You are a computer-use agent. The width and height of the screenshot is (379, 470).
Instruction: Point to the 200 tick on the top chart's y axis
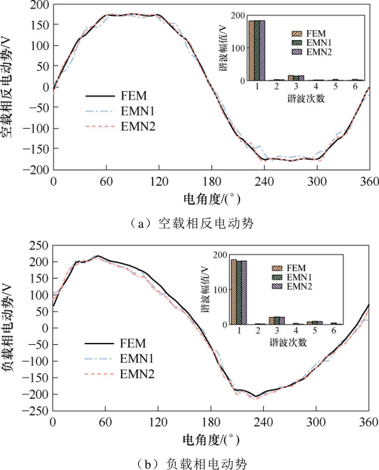(x=40, y=5)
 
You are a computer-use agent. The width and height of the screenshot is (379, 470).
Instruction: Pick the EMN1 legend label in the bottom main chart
(x=137, y=358)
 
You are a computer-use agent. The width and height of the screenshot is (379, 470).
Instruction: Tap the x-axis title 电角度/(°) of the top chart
(x=211, y=199)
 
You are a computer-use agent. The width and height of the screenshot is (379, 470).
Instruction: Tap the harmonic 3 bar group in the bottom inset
(x=277, y=321)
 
